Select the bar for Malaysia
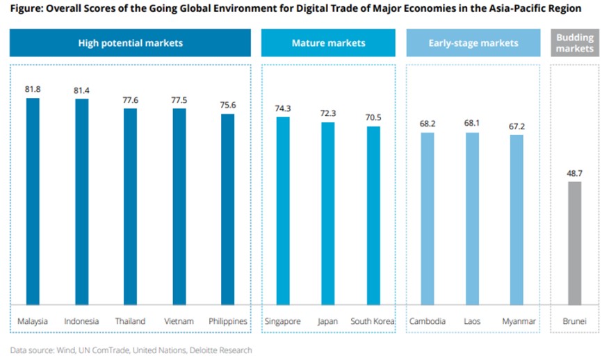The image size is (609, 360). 33,202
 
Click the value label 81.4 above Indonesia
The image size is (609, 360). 81,90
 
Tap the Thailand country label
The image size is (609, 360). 130,321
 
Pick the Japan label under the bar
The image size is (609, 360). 327,321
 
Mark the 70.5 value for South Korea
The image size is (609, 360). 374,117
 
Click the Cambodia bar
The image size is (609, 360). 428,218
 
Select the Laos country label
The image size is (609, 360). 472,321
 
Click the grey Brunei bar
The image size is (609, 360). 574,243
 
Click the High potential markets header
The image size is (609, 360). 131,43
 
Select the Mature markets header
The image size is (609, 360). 328,43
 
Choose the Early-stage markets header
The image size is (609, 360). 473,43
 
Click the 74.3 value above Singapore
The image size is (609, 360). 283,108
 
